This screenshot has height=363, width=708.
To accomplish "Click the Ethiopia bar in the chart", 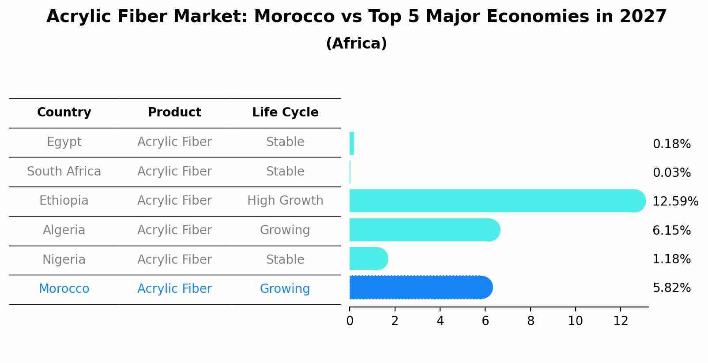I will [494, 201].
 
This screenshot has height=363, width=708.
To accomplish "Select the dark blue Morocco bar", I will [419, 288].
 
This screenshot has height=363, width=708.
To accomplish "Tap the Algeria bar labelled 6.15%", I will [424, 230].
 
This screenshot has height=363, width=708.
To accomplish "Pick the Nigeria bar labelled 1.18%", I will [368, 258].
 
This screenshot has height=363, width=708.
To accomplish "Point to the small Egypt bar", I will [352, 143].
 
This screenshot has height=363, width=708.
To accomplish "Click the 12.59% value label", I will [675, 202].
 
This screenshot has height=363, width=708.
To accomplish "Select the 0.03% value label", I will [671, 173].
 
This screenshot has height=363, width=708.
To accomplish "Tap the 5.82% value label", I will [671, 288].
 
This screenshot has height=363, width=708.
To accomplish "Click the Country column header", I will [64, 112].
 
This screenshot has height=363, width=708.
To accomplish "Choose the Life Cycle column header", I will [285, 112].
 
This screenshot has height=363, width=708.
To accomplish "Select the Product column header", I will [174, 112].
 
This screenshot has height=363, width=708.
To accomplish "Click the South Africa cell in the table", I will [64, 172].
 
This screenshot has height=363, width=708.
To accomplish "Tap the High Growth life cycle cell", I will [285, 201].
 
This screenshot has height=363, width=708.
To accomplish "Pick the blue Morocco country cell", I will [64, 289].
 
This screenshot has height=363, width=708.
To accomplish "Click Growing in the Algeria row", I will [285, 230].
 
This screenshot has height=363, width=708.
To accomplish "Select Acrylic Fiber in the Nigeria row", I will [174, 260].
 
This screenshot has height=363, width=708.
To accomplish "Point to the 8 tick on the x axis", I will [531, 321].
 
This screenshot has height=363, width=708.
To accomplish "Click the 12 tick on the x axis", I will [621, 321].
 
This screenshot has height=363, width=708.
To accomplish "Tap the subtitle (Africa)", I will [356, 44].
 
